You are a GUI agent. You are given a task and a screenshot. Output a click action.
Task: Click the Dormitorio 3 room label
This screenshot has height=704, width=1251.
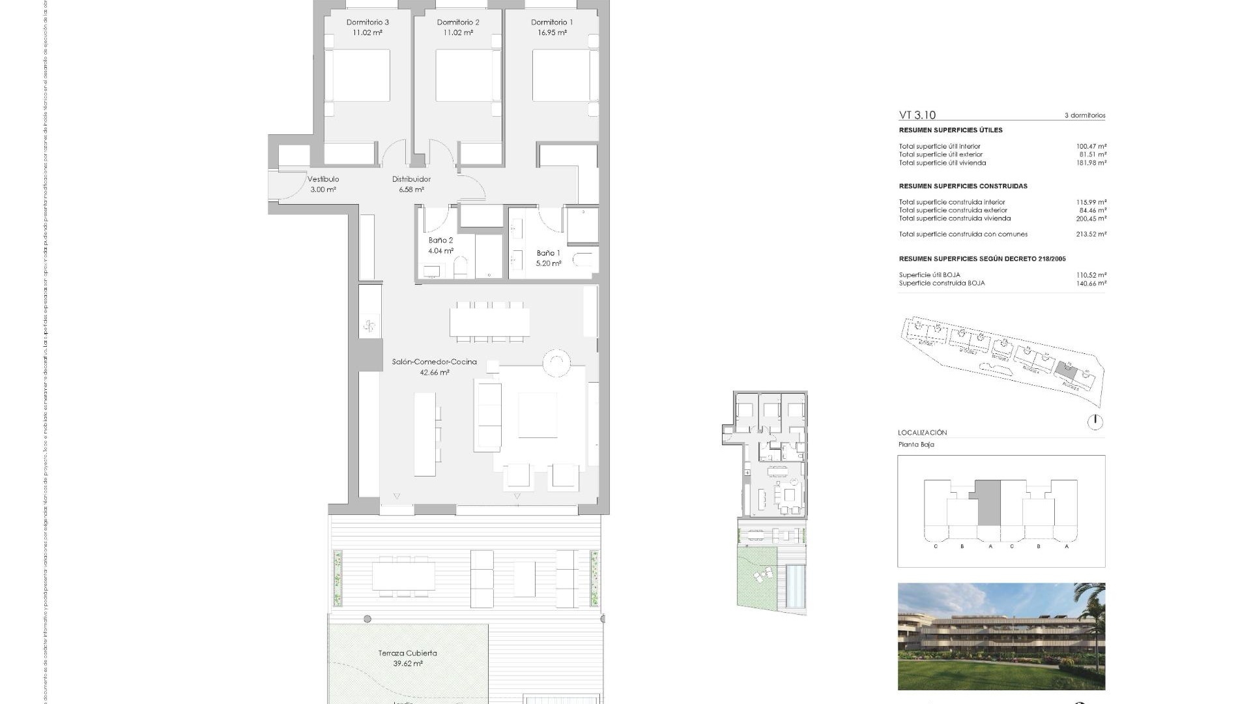pyautogui.click(x=367, y=22)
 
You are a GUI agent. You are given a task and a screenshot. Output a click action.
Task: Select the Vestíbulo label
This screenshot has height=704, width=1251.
pyautogui.click(x=323, y=179)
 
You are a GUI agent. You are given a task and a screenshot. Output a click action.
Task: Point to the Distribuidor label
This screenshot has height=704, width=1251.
pyautogui.click(x=411, y=179)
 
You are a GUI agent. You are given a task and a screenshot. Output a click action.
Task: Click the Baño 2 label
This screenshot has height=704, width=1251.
pyautogui.click(x=440, y=241)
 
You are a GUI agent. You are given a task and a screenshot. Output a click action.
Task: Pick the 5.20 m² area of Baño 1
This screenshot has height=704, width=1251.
pyautogui.click(x=548, y=263)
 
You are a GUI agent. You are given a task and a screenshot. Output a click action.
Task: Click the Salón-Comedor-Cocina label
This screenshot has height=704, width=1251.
pyautogui.click(x=434, y=362)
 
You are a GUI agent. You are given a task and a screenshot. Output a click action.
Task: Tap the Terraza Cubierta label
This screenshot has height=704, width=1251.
pyautogui.click(x=407, y=653)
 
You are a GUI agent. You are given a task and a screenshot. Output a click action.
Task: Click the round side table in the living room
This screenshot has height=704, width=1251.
pyautogui.click(x=557, y=364)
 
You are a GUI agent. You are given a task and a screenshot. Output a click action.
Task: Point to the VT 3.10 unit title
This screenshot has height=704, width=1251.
pyautogui.click(x=917, y=115)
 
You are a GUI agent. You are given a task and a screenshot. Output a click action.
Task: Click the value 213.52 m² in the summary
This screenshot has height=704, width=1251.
pyautogui.click(x=1091, y=234)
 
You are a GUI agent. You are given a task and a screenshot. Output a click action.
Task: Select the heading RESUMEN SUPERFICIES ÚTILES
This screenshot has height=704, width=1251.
pyautogui.click(x=951, y=130)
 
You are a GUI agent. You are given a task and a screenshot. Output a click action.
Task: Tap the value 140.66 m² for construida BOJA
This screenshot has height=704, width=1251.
pyautogui.click(x=1091, y=284)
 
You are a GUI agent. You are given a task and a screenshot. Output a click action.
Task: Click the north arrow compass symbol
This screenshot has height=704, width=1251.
pyautogui.click(x=1095, y=422)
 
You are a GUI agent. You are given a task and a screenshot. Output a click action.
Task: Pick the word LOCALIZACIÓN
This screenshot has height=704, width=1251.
pyautogui.click(x=922, y=433)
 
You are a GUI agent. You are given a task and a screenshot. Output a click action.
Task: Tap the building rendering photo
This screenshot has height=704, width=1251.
pyautogui.click(x=1001, y=636)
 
